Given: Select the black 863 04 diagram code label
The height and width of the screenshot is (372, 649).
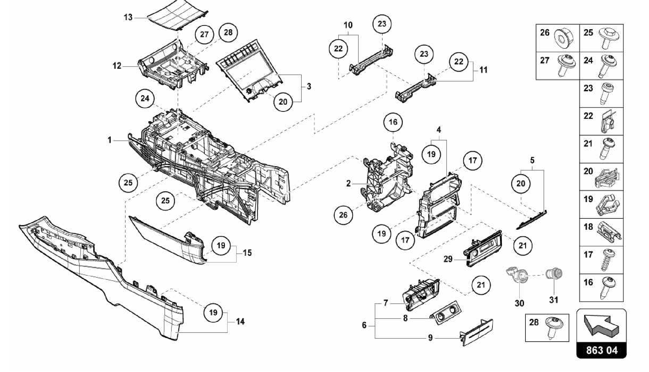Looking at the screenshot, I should (601, 350).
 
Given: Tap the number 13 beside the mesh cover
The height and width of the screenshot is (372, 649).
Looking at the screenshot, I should (128, 17).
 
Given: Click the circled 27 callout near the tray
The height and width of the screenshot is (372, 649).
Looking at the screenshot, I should (204, 34).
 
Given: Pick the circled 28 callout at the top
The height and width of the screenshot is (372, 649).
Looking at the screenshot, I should (228, 32).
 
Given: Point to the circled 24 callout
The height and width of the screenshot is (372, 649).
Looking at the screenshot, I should (145, 98).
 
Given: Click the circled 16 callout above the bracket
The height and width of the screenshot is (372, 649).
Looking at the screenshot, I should (393, 122).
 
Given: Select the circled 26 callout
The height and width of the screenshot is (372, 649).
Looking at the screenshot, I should (343, 215).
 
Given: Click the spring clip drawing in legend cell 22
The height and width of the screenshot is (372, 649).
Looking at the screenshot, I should (607, 121).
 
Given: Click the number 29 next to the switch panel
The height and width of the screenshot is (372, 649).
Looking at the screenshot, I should (448, 259).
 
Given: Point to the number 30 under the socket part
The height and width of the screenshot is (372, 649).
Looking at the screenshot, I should (519, 303).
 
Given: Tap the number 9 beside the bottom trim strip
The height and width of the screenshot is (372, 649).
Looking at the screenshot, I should (430, 338).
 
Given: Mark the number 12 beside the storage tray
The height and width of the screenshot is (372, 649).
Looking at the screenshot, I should (117, 66).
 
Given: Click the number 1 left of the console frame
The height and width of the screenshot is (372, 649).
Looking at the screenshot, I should (109, 140).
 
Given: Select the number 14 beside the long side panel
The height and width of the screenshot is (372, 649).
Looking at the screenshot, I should (240, 322).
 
